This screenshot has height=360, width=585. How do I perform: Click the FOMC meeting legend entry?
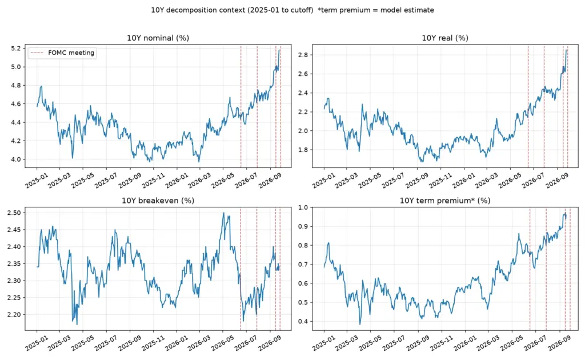(62, 53)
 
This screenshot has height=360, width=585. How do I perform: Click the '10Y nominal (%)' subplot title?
(158, 38)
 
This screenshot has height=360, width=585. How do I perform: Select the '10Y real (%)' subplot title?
(445, 38)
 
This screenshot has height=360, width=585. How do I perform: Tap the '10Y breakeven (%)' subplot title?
(158, 201)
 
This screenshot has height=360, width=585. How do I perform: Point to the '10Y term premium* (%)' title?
(445, 201)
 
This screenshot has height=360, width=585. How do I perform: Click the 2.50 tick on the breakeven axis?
(14, 213)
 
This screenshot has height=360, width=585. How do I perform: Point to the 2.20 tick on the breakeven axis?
(14, 314)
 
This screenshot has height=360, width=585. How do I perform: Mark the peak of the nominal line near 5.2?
(279, 50)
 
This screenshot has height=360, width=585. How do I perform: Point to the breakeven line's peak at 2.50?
(223, 213)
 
